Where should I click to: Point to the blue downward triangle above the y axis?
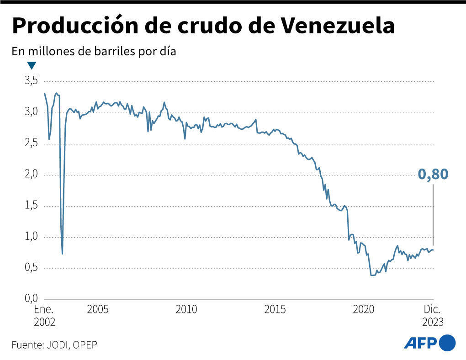tap(32, 65)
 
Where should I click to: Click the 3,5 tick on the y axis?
tap(31, 81)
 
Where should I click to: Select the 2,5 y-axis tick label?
tap(31, 143)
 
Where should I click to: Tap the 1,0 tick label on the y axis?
tap(31, 237)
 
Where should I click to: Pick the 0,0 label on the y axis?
tap(31, 299)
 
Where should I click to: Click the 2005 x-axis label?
tap(97, 309)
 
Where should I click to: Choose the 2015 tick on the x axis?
tap(275, 309)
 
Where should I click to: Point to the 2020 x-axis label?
tap(363, 309)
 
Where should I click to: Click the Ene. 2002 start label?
tap(44, 315)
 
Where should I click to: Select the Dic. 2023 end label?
tap(432, 315)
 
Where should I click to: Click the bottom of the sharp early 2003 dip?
tap(62, 254)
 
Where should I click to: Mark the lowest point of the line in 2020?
tap(372, 275)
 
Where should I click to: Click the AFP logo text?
tap(420, 343)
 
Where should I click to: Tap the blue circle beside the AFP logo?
tap(448, 343)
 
